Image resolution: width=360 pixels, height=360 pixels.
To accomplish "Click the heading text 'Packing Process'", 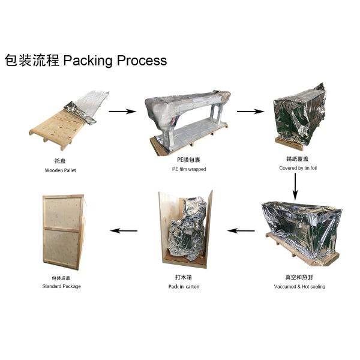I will click(x=115, y=61).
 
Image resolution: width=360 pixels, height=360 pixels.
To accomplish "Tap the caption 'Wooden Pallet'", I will click(x=61, y=170).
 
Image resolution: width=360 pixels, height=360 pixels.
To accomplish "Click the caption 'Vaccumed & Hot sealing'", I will click(x=298, y=287).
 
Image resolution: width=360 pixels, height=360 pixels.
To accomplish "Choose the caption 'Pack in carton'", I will click(x=184, y=287).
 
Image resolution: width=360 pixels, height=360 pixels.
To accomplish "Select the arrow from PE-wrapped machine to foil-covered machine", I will click(x=251, y=111).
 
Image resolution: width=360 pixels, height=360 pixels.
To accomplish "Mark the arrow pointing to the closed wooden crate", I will click(x=124, y=230).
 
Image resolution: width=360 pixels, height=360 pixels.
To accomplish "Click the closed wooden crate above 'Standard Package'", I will click(x=63, y=230).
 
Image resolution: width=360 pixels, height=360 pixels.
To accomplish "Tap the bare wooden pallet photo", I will click(x=57, y=129).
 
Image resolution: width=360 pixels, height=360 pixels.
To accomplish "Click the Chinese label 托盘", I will click(x=61, y=161).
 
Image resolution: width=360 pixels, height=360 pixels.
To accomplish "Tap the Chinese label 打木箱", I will click(x=184, y=278).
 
